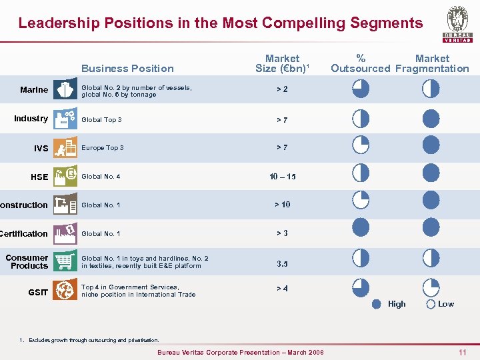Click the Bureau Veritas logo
[457, 24]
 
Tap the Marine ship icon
[65, 90]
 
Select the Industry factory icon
[65, 119]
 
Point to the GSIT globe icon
[65, 291]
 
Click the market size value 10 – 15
[282, 177]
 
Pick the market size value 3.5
[282, 263]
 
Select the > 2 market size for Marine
[282, 89]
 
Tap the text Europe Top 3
[102, 148]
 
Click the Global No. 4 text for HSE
[101, 177]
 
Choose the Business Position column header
[127, 68]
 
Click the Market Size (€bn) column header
[282, 63]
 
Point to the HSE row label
[39, 177]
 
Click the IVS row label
[41, 148]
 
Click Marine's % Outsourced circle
[361, 89]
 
